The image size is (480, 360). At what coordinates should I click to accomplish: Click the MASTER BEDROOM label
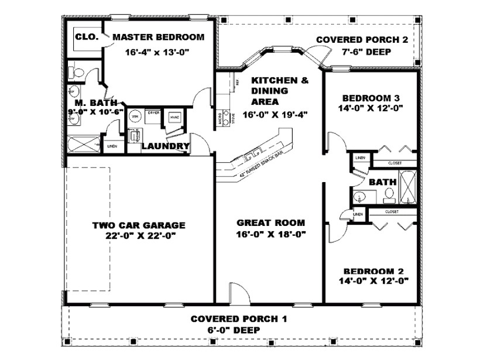[x=158, y=37]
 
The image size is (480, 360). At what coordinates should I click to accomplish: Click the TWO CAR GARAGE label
[x=139, y=225]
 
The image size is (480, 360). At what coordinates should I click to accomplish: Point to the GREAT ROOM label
[x=270, y=222]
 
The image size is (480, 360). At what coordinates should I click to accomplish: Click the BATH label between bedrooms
[x=383, y=182]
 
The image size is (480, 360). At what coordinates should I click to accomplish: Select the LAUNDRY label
[x=165, y=146]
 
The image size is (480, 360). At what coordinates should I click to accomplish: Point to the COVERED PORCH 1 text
[x=239, y=319]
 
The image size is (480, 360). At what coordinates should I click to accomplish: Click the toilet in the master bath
[x=73, y=73]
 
